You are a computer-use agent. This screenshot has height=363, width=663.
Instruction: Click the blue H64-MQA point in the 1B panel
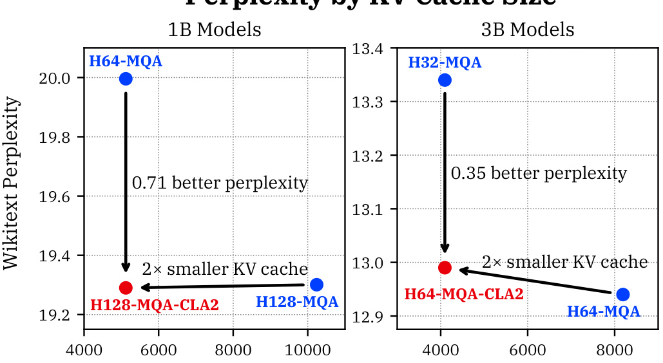pos(126,79)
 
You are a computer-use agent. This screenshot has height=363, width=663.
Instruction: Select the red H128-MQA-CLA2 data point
pos(126,288)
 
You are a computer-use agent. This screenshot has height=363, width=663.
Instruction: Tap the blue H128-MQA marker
pos(316,284)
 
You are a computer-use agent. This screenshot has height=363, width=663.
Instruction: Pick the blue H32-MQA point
pos(445,80)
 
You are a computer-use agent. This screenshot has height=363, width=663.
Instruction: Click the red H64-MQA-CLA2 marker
pos(445,267)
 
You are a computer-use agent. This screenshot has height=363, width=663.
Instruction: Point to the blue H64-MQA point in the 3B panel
pos(622,294)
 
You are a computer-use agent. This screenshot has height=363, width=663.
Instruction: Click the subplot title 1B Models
pos(215,30)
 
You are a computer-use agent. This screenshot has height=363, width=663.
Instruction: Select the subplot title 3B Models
pos(528,30)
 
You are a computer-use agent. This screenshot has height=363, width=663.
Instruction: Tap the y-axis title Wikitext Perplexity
pos(11,184)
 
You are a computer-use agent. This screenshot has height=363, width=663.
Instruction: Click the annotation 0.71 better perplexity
pos(220,183)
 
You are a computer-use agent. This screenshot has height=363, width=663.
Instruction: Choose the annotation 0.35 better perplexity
pos(539,173)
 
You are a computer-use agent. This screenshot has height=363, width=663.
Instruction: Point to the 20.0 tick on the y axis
pos(62,78)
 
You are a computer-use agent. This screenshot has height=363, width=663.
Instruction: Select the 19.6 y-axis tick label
pos(62,196)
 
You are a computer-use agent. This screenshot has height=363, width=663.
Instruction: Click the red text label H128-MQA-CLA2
pos(155,305)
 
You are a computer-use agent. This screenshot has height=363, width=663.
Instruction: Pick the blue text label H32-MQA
pos(445,63)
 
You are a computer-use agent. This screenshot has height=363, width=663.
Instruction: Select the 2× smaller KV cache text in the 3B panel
pos(564,262)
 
